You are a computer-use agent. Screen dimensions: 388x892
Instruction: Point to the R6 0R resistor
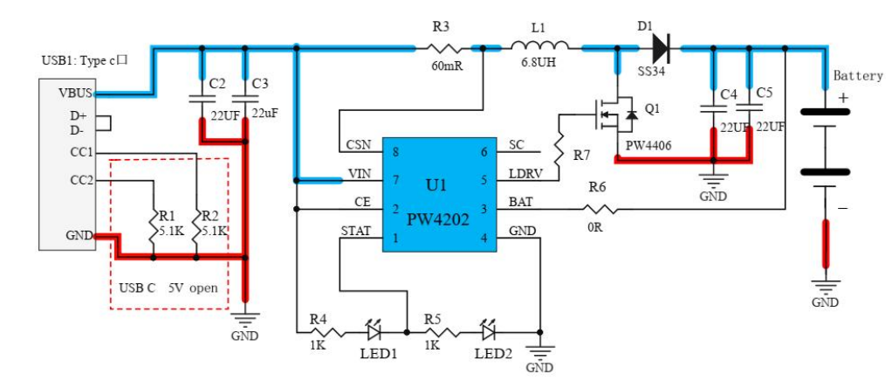(600, 209)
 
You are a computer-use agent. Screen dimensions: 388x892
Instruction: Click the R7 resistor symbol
(558, 149)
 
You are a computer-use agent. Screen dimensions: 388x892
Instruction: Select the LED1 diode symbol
(374, 332)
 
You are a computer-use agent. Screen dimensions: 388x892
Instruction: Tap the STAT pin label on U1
(355, 231)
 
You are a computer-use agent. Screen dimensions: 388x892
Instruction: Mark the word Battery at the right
(857, 76)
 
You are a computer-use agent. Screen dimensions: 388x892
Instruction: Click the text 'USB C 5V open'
(168, 288)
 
